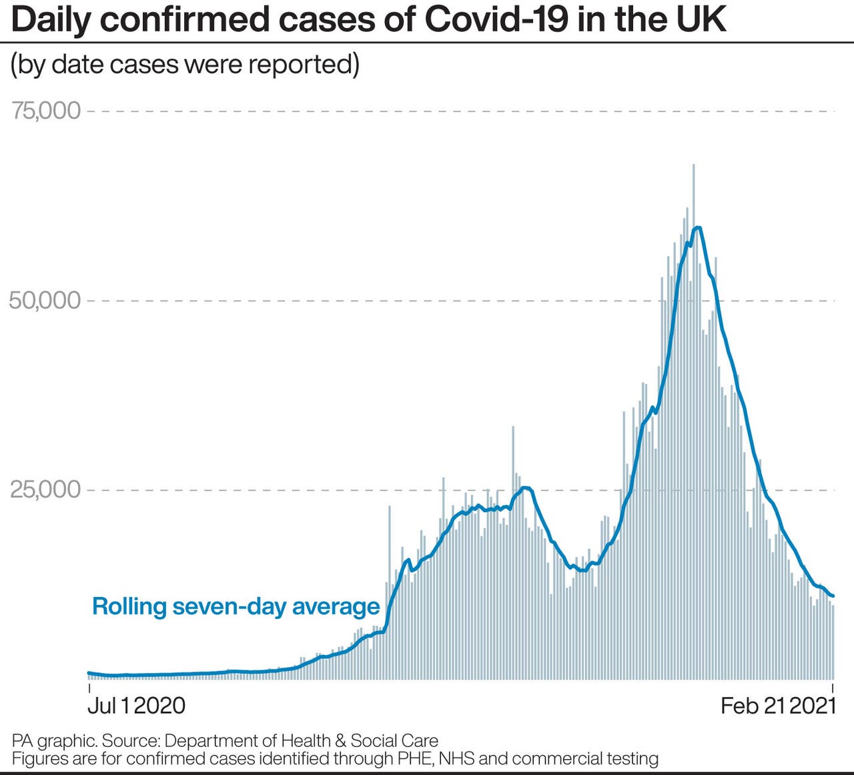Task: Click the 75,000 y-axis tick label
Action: coord(45,111)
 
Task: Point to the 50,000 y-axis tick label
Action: coord(45,300)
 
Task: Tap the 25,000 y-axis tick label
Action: coord(45,490)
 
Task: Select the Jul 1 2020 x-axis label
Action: coord(137,705)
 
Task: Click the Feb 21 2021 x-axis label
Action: coord(778,705)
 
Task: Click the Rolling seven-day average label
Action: coord(236,606)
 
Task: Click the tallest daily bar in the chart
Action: coord(693,167)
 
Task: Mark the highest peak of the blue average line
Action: coord(698,227)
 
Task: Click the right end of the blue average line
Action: coord(833,596)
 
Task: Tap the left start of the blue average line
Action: coord(89,673)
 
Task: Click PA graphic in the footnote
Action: coord(54,741)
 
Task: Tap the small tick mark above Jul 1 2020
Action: coord(89,688)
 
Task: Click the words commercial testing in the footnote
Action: coord(585,758)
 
